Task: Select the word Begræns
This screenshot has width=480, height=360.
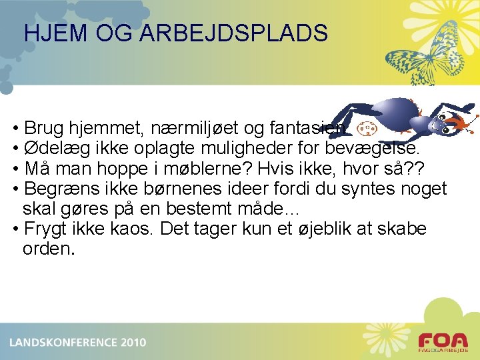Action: tap(59, 189)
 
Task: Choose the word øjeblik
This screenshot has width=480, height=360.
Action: tap(320, 229)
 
